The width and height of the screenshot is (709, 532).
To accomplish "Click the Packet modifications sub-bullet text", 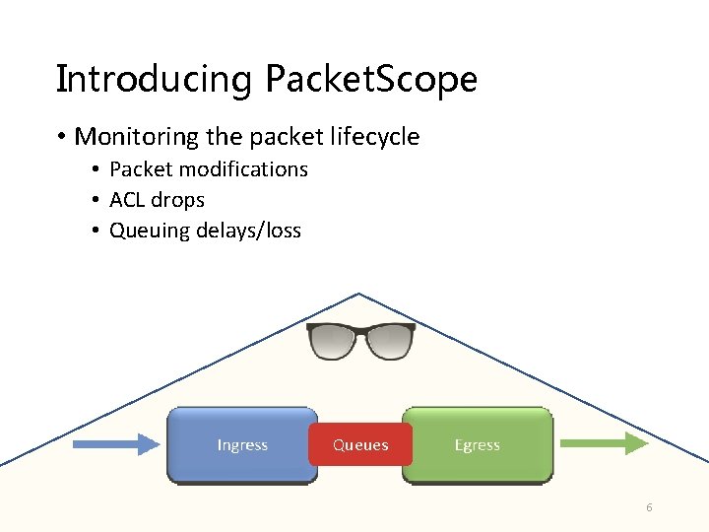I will pyautogui.click(x=208, y=169).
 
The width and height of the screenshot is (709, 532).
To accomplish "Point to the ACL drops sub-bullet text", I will pyautogui.click(x=157, y=200).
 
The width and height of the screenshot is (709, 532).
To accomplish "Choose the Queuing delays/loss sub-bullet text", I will pyautogui.click(x=205, y=231).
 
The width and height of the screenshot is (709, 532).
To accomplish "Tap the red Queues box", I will pyautogui.click(x=360, y=445).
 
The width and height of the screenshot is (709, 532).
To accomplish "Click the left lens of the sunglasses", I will pyautogui.click(x=335, y=342).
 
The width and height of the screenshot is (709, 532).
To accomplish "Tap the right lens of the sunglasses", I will pyautogui.click(x=388, y=342).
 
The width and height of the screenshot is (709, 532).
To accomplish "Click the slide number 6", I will pyautogui.click(x=649, y=507).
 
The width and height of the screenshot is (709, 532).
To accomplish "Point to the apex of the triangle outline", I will pyautogui.click(x=359, y=294).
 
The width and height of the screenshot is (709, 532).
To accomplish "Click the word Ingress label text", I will pyautogui.click(x=242, y=445).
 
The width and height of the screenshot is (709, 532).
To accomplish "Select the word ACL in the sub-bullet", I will pyautogui.click(x=127, y=200).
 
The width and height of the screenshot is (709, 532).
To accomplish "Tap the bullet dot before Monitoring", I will pyautogui.click(x=63, y=137).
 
